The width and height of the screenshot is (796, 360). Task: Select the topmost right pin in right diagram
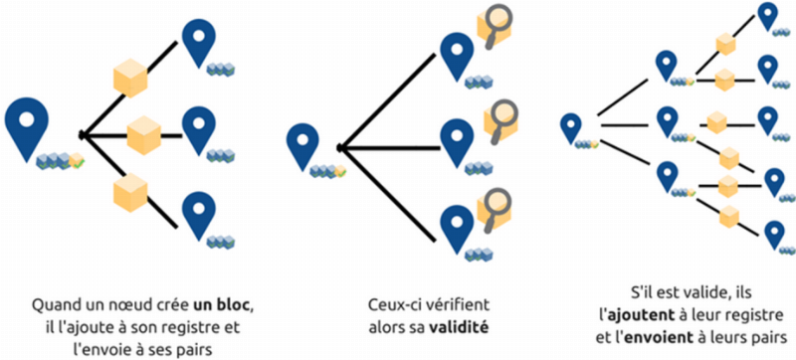point(767,14)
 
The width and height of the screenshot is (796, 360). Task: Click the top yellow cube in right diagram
point(725,44)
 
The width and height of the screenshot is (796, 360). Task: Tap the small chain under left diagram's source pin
point(60,159)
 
